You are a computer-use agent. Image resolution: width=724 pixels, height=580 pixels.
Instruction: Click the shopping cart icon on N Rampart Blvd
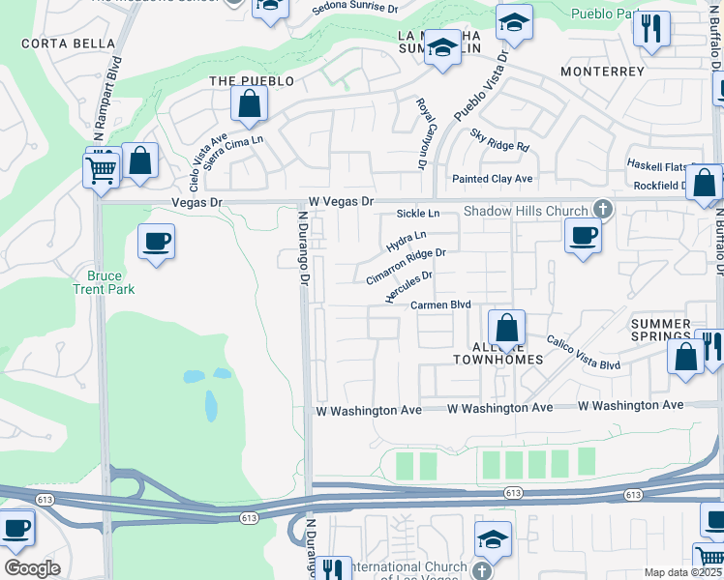[101, 172]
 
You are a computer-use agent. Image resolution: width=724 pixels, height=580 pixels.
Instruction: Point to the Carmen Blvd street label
[440, 304]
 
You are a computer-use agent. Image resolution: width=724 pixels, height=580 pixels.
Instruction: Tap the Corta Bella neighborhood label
[68, 43]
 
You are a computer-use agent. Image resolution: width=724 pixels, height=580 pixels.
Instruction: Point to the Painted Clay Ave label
[493, 179]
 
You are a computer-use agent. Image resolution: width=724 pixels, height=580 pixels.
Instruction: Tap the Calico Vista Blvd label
[583, 352]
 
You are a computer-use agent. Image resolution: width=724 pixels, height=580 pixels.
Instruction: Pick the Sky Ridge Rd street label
[499, 141]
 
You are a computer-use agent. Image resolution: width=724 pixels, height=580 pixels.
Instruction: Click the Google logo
[33, 568]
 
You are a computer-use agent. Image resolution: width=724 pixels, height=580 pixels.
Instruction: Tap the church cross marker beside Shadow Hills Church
[602, 210]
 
